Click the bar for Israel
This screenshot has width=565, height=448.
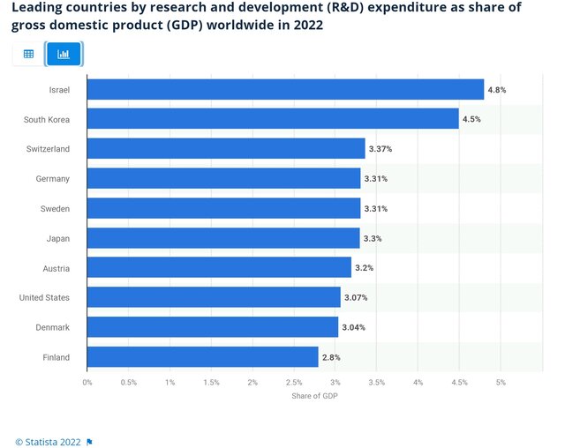point(285,90)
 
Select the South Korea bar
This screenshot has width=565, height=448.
point(273,119)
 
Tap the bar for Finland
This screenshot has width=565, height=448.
point(202,357)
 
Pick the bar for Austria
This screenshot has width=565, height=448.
point(219,268)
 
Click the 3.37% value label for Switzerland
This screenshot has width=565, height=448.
point(380,149)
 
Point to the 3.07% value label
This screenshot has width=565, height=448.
point(356,298)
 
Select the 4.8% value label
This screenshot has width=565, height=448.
point(497,90)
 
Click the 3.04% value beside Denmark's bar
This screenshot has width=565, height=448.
point(353,327)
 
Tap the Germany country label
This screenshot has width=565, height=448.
point(53,179)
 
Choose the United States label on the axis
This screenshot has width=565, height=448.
point(44,298)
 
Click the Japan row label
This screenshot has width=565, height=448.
point(58,238)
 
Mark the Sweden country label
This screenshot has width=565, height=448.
point(55,208)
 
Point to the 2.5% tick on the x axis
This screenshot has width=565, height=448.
point(294,383)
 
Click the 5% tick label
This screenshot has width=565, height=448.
point(501,383)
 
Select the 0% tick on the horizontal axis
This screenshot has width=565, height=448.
point(87,383)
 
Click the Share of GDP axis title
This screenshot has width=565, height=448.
point(314,396)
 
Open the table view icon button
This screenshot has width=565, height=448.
point(28,54)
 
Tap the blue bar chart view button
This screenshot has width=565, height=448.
point(64,54)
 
